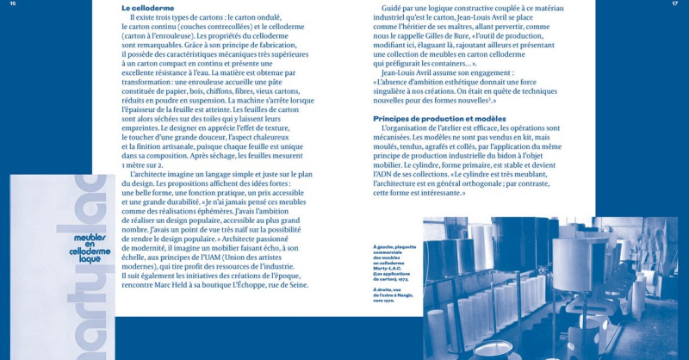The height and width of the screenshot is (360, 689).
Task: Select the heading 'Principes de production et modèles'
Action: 439,117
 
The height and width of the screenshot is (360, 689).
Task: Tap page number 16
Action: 13,4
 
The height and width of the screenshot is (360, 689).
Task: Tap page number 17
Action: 675,4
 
